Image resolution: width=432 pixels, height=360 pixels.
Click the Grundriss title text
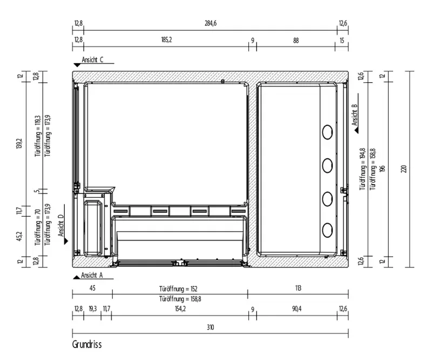click(x=87, y=344)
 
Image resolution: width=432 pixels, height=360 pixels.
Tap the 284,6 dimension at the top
click(x=211, y=23)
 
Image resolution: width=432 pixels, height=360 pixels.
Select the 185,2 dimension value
click(x=166, y=40)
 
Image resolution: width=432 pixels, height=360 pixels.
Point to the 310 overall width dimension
click(x=210, y=328)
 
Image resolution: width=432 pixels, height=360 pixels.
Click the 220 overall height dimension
click(x=403, y=169)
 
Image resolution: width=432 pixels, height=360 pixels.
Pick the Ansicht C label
click(x=92, y=60)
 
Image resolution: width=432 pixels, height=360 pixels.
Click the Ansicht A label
click(x=92, y=275)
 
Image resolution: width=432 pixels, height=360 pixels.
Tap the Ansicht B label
click(x=355, y=115)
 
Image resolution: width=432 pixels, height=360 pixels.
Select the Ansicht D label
click(x=61, y=225)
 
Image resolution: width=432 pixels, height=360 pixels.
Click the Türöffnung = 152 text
click(x=178, y=289)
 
